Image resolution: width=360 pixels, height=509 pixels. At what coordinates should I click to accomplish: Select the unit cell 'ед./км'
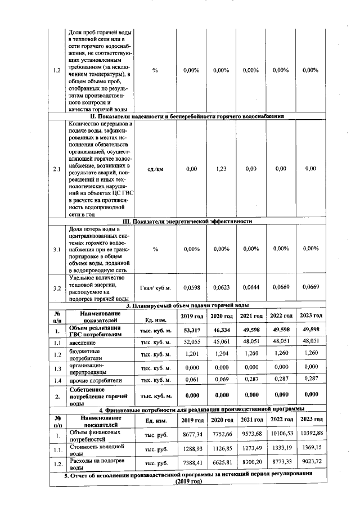155,168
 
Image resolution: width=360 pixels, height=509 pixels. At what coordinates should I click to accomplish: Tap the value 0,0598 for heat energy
191,287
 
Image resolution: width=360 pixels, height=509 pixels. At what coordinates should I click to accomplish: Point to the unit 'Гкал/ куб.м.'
155,287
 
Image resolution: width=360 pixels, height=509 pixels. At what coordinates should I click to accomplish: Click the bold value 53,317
191,330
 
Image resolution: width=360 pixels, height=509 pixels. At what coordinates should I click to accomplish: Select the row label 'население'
83,342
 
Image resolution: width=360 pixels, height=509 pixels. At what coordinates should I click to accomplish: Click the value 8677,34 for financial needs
191,435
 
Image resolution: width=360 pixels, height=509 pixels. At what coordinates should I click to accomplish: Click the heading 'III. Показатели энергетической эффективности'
187,221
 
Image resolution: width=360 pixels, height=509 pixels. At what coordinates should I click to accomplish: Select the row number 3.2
57,287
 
